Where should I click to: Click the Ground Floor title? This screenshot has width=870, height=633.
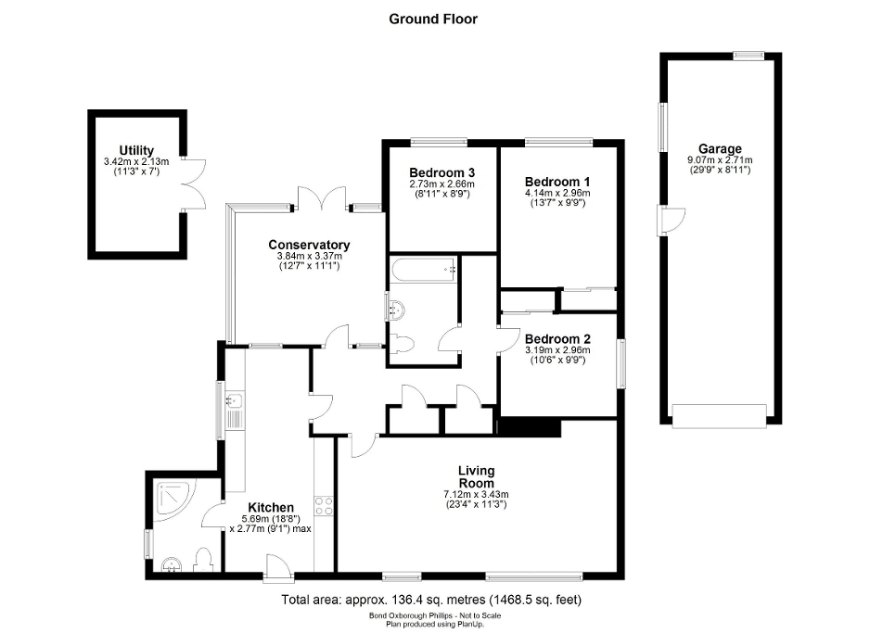(433, 19)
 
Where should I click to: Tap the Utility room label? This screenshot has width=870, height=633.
(135, 151)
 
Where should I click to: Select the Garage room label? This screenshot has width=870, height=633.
(720, 148)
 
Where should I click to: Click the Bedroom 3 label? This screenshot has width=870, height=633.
(441, 172)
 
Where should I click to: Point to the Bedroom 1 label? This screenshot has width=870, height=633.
(557, 181)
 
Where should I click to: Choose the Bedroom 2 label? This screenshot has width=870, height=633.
(557, 339)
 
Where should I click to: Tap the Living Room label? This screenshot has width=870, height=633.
(476, 477)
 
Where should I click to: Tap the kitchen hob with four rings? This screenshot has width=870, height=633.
(325, 506)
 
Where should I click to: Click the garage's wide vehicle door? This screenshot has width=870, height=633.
(720, 416)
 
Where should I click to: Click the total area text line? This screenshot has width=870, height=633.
(431, 600)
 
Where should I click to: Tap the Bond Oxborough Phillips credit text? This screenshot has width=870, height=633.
(433, 615)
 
